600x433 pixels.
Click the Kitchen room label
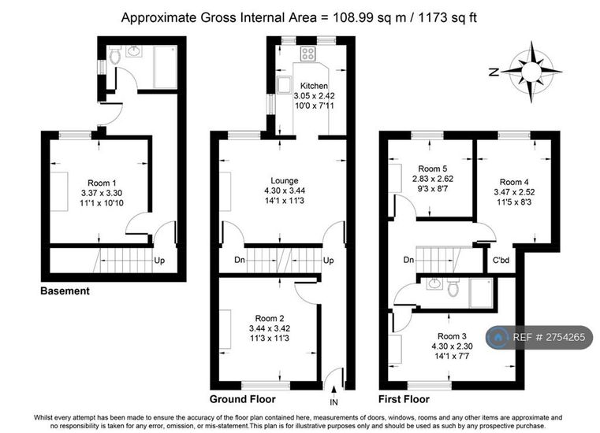coord(314,86)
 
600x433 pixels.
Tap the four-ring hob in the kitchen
coord(307,54)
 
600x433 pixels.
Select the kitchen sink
coord(285,84)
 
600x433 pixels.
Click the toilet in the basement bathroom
coord(114,55)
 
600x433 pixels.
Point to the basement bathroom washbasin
coord(134,51)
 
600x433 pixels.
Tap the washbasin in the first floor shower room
coord(434,284)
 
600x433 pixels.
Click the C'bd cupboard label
coord(501,261)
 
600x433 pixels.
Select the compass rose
coord(531,72)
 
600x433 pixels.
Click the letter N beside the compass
coord(494,72)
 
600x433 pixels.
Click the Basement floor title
coord(65,291)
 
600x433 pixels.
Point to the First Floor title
coord(404,399)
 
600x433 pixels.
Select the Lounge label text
coord(285,181)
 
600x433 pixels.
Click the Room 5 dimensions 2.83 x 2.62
coord(432,179)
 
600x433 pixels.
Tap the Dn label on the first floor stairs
coord(408,260)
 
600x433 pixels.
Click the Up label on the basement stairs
coord(159,261)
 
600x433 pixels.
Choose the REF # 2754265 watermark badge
coord(539,337)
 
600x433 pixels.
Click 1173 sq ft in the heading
coord(448,17)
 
